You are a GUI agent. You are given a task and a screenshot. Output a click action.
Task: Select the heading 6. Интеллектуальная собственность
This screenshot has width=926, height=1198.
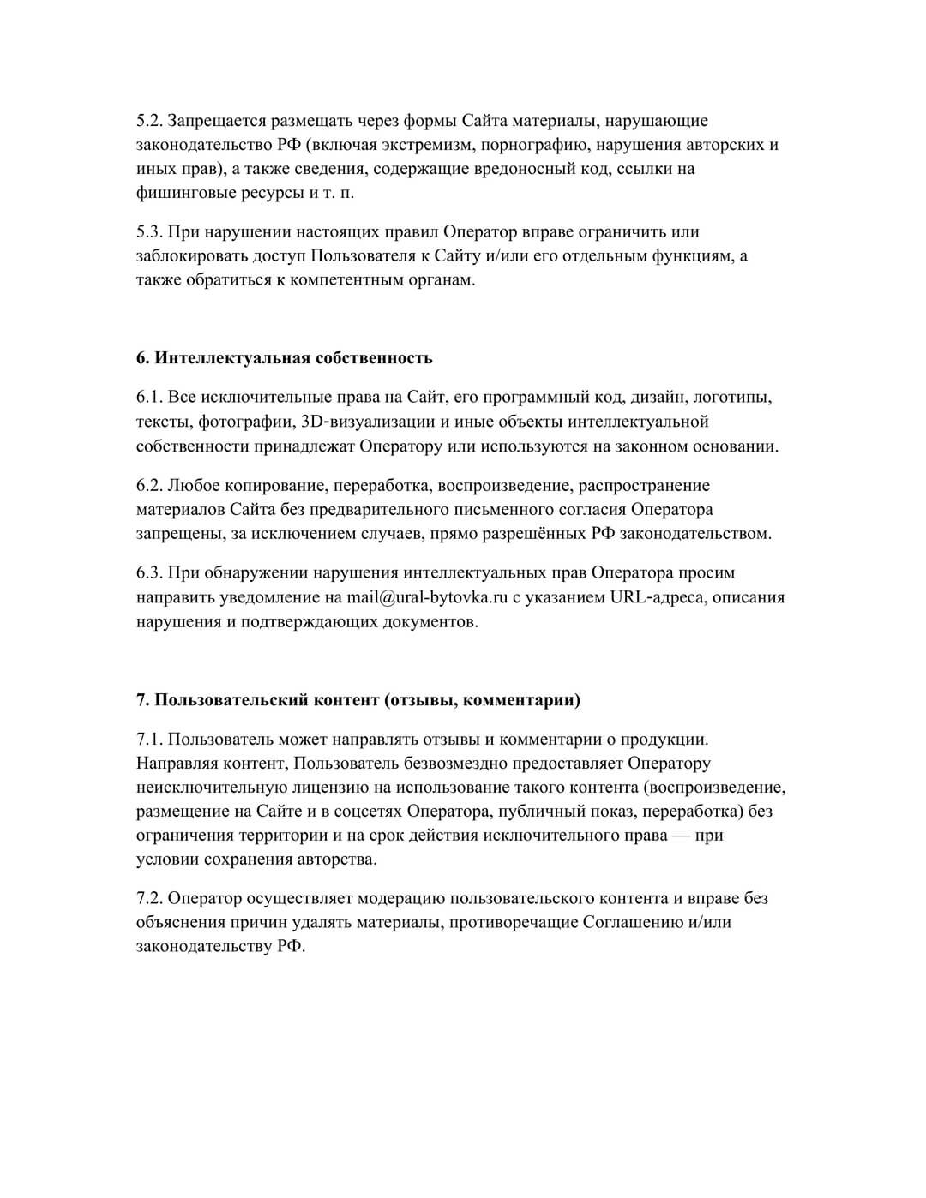[284, 358]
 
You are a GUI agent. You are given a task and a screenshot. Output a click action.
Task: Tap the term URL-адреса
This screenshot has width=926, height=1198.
[658, 597]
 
